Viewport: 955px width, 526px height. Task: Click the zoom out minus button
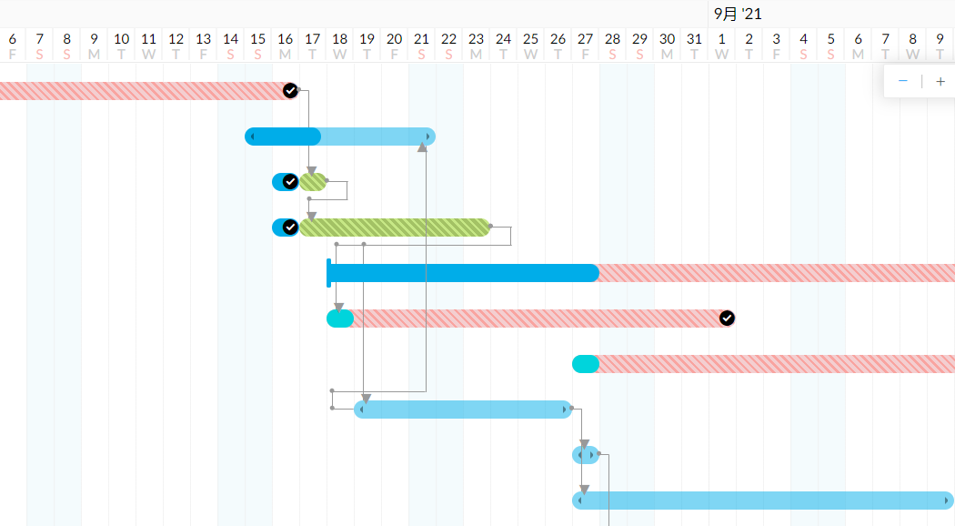coord(903,82)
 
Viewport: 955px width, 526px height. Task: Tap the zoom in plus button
coord(940,82)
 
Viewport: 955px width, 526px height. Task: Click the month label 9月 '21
coord(738,14)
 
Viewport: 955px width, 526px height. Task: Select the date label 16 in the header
coord(285,39)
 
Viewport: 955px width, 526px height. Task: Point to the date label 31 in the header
coord(694,39)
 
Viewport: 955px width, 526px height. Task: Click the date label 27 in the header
coord(585,39)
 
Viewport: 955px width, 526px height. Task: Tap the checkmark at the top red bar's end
coord(290,90)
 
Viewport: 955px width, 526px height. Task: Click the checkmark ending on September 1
coord(727,318)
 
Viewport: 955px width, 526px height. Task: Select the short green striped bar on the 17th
coord(314,182)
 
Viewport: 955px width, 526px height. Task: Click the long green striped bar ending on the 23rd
coord(396,228)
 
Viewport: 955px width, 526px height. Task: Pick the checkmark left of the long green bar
coord(290,228)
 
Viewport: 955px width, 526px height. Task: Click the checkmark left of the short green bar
coord(290,182)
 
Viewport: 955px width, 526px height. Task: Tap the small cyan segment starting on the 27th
coord(585,364)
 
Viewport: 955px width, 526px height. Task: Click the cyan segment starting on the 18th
coord(339,319)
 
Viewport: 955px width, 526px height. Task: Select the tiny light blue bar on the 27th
coord(585,454)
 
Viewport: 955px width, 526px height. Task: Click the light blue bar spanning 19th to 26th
coord(463,410)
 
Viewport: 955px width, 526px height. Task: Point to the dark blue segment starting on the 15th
coord(284,137)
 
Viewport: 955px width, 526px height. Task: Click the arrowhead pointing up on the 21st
coord(422,147)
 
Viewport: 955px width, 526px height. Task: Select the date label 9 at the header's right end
coord(940,39)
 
